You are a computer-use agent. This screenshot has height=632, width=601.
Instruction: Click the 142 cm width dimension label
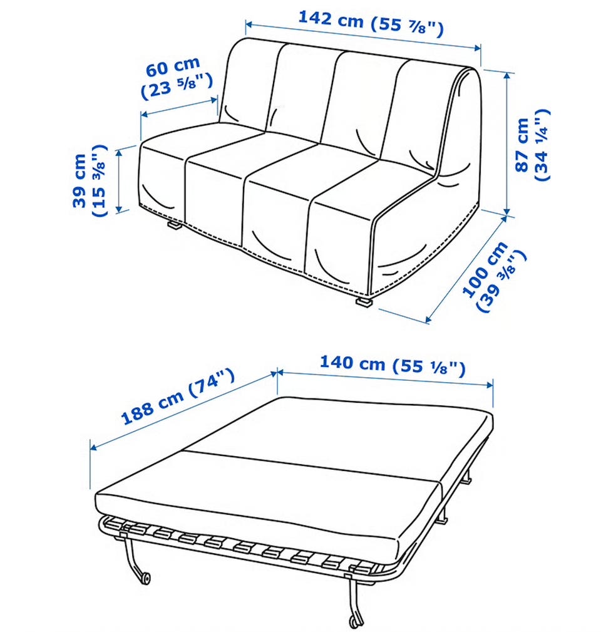tap(371, 23)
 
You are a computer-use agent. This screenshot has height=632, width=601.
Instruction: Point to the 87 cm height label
tap(532, 145)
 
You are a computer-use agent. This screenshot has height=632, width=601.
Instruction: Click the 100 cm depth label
tap(494, 276)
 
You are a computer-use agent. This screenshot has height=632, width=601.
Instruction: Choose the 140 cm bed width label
tap(393, 365)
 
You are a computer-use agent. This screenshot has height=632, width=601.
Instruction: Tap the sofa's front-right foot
tap(363, 301)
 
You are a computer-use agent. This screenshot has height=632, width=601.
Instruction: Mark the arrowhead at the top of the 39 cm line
tap(119, 153)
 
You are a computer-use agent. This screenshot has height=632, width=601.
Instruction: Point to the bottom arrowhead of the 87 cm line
tap(507, 211)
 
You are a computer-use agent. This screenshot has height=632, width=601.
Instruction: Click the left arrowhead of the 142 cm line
tap(249, 25)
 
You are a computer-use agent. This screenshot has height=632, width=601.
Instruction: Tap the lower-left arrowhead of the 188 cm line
tap(94, 447)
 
